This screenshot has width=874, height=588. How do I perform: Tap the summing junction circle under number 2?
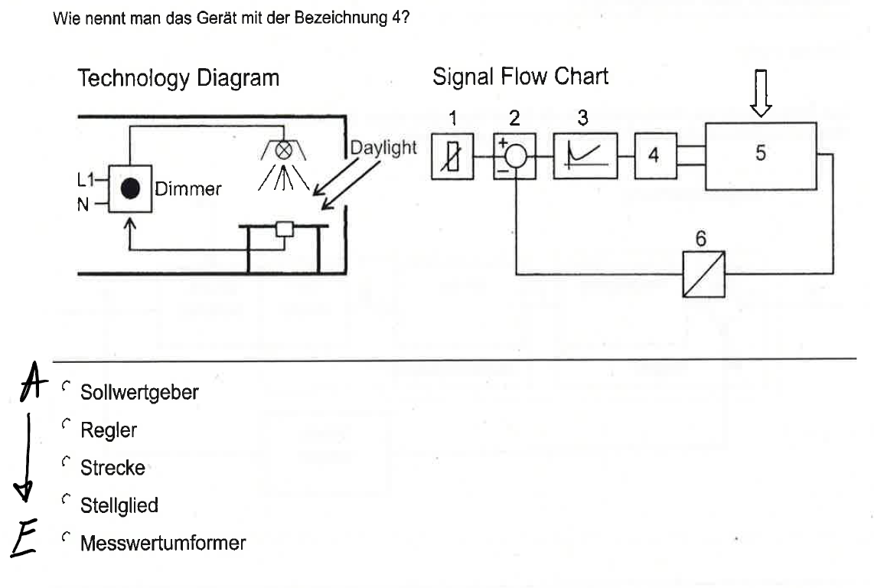coord(515,155)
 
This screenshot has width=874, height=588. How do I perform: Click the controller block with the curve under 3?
coord(585,155)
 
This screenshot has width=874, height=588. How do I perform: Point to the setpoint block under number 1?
coord(452,156)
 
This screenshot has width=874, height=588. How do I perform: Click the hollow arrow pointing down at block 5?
coord(761,93)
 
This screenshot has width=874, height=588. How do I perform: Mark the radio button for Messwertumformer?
coord(67,538)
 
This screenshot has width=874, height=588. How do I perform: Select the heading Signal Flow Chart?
coord(520,77)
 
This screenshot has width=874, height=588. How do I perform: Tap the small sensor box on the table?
coord(284,228)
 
